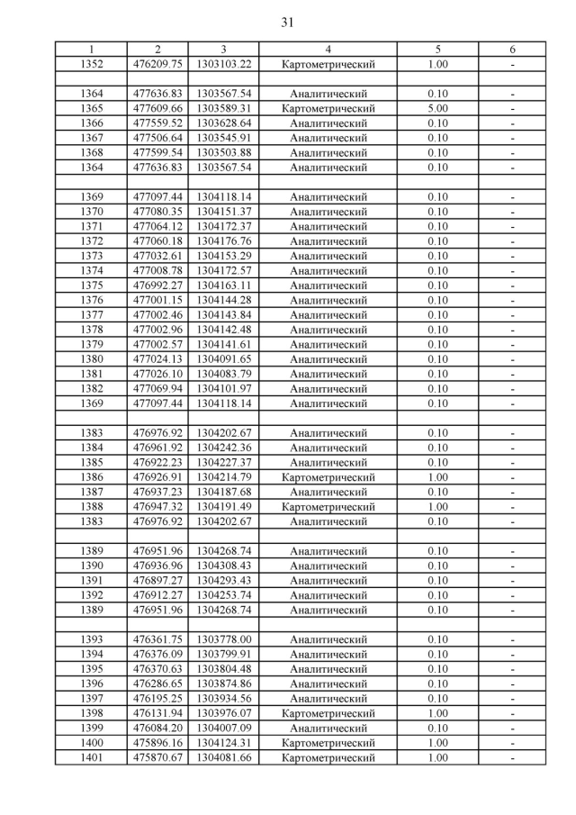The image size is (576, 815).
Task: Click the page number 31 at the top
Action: coord(287,20)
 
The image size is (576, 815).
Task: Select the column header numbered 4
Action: coord(328,50)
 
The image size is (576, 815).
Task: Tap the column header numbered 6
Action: coord(512,50)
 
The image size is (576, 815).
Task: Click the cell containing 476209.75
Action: coord(157,64)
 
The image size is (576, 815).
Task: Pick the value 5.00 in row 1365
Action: coord(437,108)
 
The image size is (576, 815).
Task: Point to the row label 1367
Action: coord(92,138)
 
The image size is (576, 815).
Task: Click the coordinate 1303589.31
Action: coord(224,108)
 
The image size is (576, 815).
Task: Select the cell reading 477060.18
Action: coord(157,241)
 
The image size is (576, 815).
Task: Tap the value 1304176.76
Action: coord(224,241)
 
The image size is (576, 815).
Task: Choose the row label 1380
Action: coord(92,359)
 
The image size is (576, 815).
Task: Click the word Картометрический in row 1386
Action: coord(328,477)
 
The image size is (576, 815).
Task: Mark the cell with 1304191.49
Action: coord(224,507)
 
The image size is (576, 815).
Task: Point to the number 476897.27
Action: coord(157,581)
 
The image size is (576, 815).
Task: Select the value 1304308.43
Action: coord(224,566)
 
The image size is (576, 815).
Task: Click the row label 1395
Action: coord(92,669)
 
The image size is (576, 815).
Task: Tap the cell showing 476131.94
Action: coord(157,713)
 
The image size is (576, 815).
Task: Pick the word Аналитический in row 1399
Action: coord(328,728)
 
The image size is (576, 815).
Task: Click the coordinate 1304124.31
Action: coord(224,743)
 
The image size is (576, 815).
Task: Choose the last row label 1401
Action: coord(92,757)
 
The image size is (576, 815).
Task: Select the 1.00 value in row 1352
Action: coord(437,64)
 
